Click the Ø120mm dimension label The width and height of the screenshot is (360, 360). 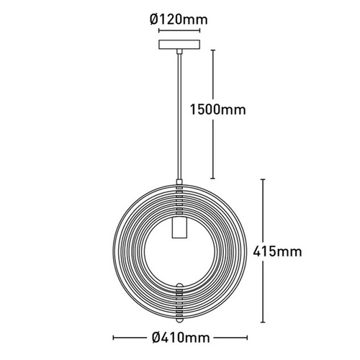(x=179, y=19)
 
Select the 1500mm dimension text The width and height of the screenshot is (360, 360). (x=218, y=110)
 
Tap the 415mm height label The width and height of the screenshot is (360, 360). (x=277, y=252)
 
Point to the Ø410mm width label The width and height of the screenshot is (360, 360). (x=181, y=338)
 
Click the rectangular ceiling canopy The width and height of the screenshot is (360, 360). (x=179, y=45)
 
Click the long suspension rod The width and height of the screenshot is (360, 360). (x=179, y=117)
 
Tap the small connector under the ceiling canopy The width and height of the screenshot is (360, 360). (x=179, y=51)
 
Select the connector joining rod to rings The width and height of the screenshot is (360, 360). (x=179, y=182)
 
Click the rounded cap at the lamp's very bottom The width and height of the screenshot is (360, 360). (x=179, y=320)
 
